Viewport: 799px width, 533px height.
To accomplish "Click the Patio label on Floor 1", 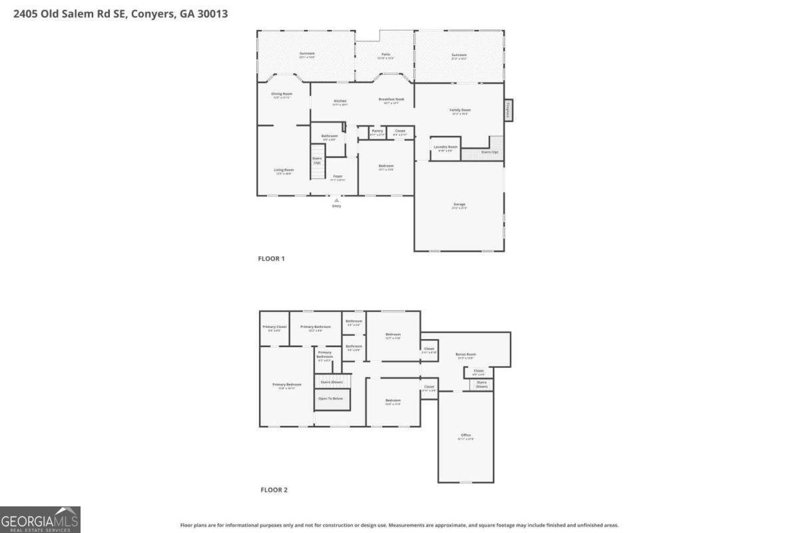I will [x=386, y=54].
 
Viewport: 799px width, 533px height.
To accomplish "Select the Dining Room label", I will [x=282, y=94].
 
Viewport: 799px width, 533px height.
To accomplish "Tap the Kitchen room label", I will [x=340, y=101].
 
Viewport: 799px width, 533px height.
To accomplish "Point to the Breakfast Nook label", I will [x=392, y=99].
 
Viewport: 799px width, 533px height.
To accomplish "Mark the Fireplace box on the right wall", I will [x=508, y=110].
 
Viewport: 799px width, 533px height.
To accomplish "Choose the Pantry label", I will [x=378, y=131].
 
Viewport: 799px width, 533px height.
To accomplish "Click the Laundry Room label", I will [x=445, y=147].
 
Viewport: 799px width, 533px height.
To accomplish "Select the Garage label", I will [x=459, y=204].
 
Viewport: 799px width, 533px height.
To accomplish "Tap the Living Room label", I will [x=284, y=170].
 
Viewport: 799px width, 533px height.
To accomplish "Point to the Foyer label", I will [x=338, y=176].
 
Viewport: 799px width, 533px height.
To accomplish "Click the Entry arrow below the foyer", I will [x=337, y=200].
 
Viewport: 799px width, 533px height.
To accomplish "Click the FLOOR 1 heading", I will [x=271, y=259].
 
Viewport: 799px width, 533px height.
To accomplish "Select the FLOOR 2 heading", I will [x=274, y=490].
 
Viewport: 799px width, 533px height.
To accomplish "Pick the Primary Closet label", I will [x=274, y=326].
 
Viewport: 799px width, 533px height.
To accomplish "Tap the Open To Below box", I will [x=332, y=398].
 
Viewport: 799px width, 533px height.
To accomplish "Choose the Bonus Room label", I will [x=465, y=354].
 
